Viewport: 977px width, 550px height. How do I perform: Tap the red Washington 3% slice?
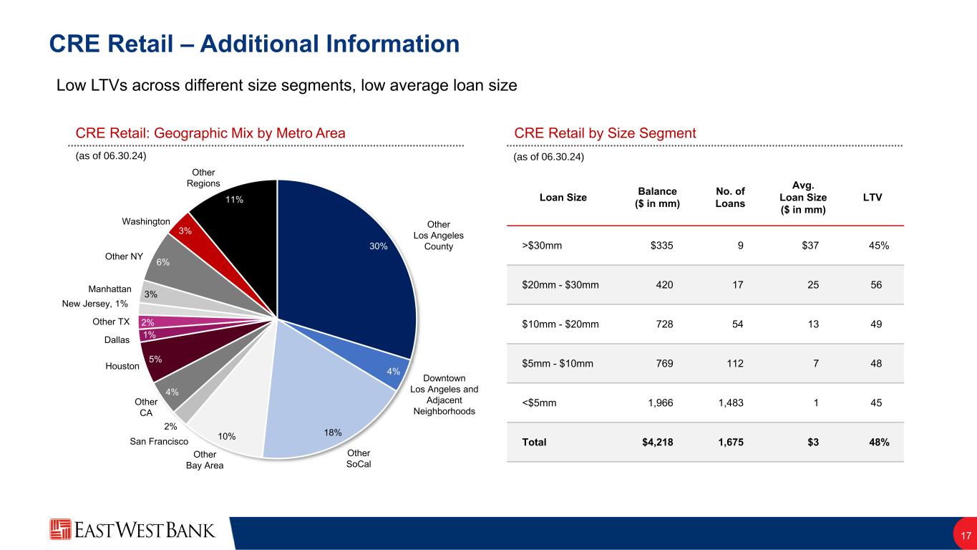[x=185, y=231]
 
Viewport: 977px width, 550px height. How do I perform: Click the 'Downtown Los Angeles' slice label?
[x=444, y=394]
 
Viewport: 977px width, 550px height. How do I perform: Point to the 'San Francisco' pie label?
[x=159, y=442]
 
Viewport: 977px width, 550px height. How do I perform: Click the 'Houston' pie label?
[x=122, y=366]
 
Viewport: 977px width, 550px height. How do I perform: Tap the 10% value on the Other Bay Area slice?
[x=227, y=436]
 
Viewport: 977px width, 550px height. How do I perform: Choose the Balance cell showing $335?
[x=661, y=246]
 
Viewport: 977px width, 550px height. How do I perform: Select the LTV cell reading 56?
[x=875, y=285]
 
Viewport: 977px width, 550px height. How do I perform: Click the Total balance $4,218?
[x=657, y=442]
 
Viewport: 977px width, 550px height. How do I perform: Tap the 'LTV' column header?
[x=872, y=197]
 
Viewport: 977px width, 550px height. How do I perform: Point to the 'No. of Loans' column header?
[x=729, y=197]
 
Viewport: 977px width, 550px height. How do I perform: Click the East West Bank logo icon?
[x=60, y=529]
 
